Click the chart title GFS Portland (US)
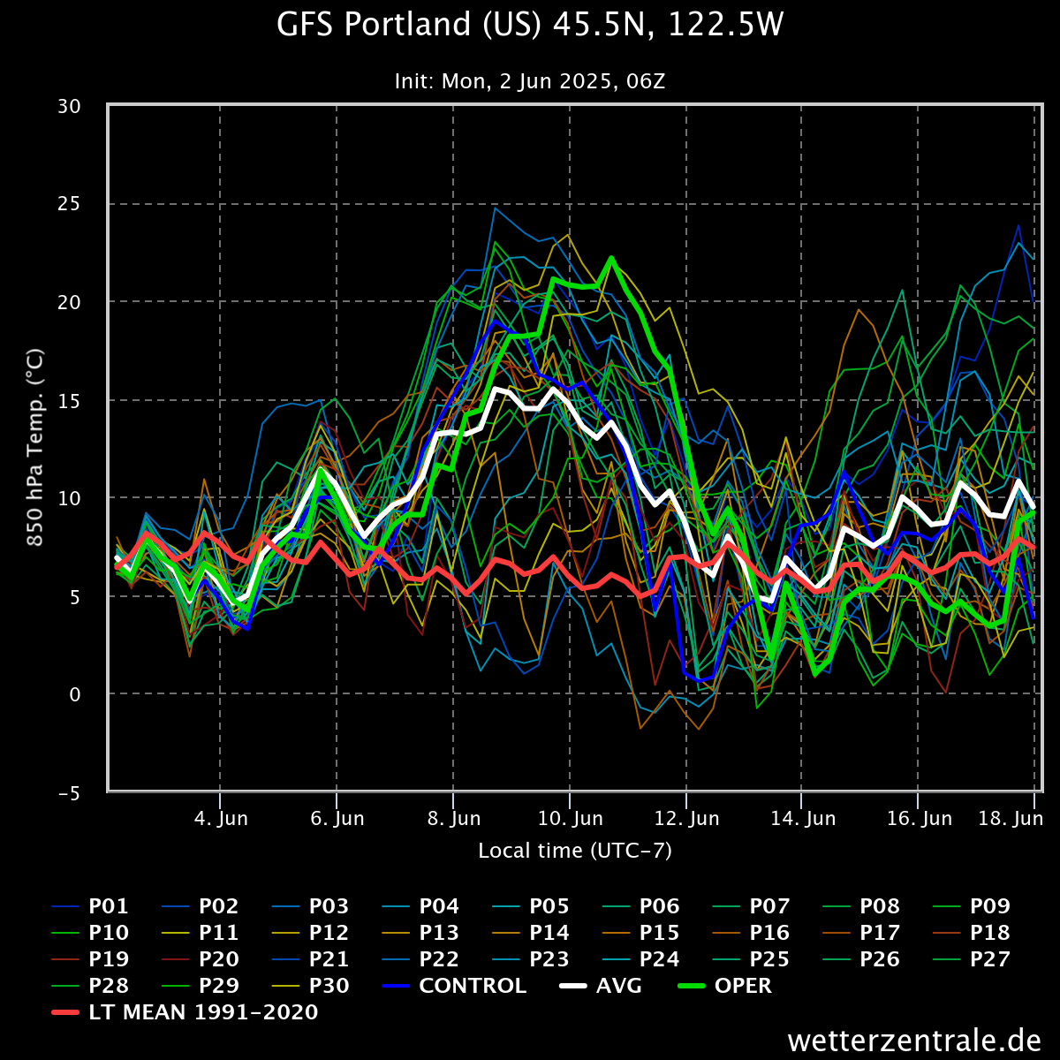[530, 25]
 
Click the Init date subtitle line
[530, 82]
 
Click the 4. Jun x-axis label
[221, 819]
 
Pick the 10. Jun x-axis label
[570, 819]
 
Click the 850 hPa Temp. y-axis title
[35, 449]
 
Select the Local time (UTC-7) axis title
[575, 851]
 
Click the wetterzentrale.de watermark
[914, 1040]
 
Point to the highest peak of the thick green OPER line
[610, 258]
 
